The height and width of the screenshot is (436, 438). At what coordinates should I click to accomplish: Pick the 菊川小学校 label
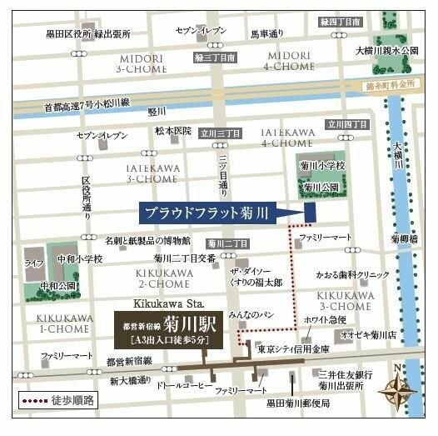tap(322, 167)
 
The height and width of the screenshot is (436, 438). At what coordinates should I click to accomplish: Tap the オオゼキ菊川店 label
tap(378, 337)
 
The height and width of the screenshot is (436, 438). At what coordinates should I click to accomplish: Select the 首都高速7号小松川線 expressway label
tap(87, 106)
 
